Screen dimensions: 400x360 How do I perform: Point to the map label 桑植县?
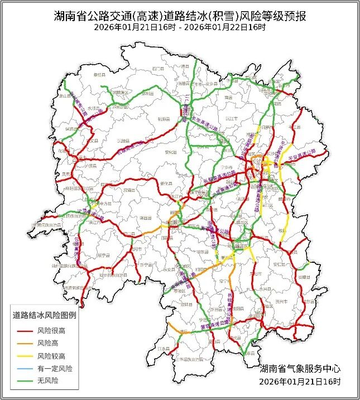(x=100, y=74)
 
